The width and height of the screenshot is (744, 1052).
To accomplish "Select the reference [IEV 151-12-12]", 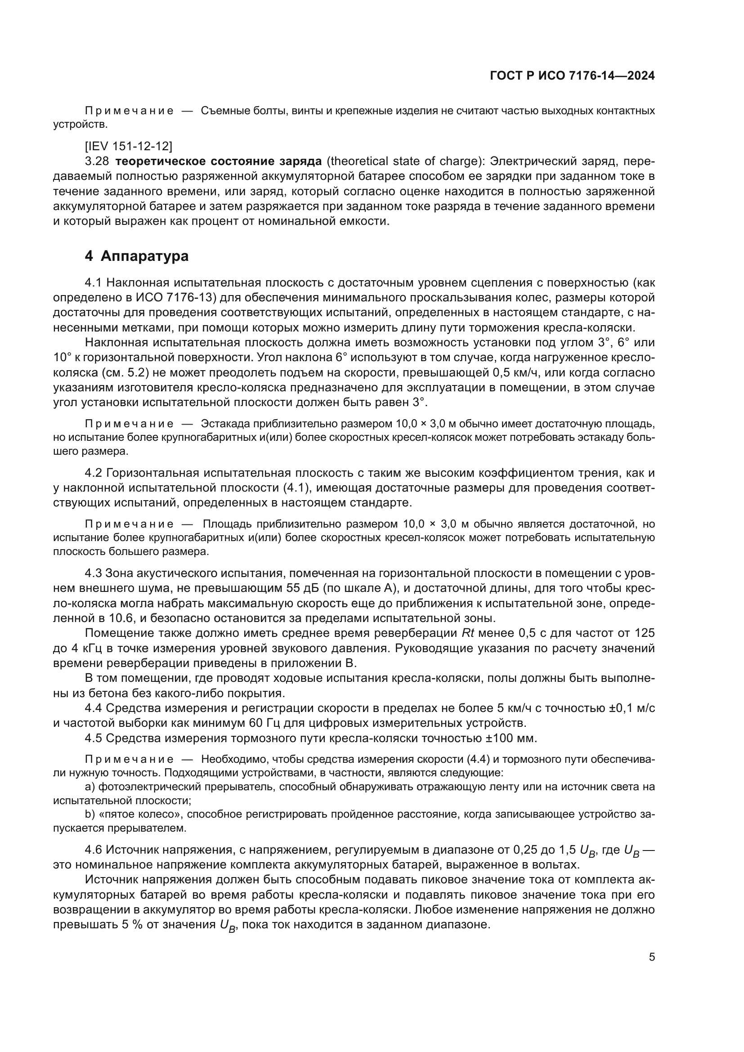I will pos(129,146).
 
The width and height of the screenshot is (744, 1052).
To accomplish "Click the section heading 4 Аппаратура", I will pos(137,256).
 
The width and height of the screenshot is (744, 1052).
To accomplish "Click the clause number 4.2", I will pos(95,473).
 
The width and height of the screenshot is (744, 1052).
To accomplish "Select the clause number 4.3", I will pos(95,573).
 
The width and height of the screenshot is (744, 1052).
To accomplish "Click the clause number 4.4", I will pos(95,708).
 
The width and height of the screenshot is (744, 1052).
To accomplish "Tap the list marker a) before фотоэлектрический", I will pos(90,787).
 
